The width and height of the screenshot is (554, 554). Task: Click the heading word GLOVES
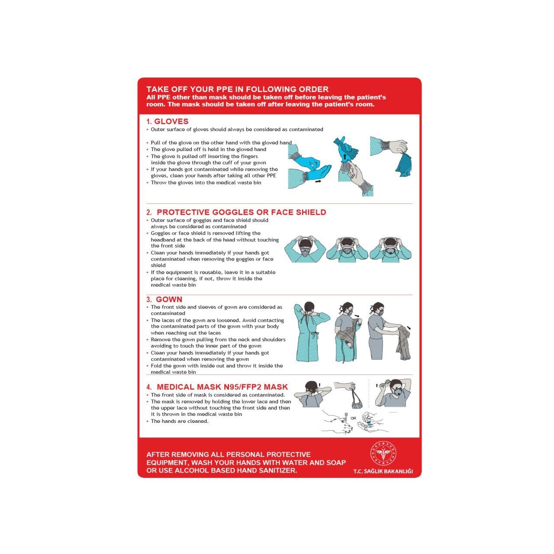(x=171, y=121)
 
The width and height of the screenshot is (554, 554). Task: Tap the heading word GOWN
(x=169, y=299)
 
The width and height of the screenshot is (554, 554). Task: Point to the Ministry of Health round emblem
(x=383, y=454)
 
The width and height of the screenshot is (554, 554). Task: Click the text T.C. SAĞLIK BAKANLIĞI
(x=383, y=471)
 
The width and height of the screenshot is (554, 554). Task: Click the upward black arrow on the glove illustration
(x=345, y=158)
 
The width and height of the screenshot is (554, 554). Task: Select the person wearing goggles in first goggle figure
(x=305, y=249)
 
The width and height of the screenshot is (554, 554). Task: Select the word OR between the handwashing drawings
(x=353, y=418)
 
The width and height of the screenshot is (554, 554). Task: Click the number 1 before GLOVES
(x=148, y=122)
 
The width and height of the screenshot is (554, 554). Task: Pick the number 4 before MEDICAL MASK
(x=148, y=387)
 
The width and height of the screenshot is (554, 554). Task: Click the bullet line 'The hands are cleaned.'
(x=179, y=421)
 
